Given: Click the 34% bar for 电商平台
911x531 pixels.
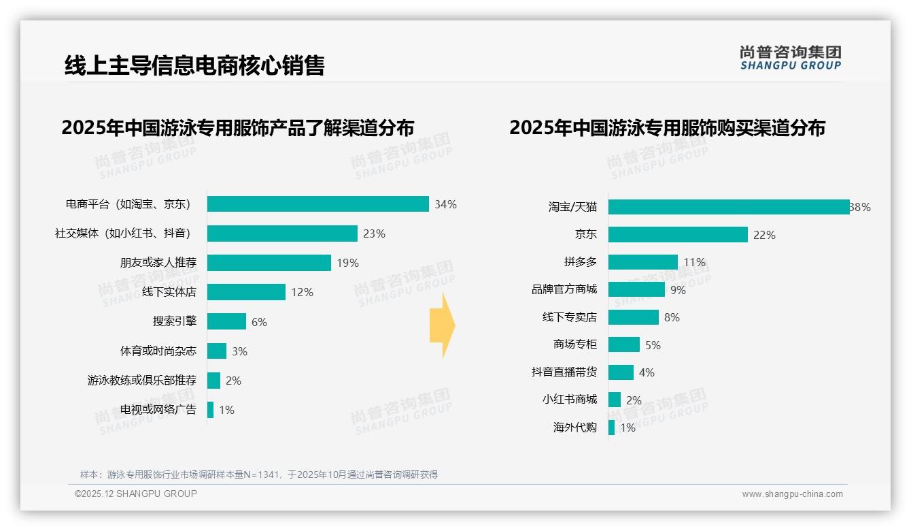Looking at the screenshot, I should click(317, 204).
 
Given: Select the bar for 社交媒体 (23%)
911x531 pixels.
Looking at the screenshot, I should click(282, 234).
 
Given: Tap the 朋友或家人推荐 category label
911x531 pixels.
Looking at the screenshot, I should click(158, 263).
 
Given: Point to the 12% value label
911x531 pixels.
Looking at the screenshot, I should click(302, 293).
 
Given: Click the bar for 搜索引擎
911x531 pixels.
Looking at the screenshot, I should click(226, 321).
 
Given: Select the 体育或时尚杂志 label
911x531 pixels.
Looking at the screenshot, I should click(158, 351).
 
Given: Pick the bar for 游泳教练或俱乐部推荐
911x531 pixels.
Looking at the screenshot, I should click(213, 381).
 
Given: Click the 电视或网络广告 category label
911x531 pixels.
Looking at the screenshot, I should click(158, 410).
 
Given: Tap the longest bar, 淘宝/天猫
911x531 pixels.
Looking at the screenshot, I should click(728, 207).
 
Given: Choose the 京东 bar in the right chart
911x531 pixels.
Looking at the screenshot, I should click(678, 234).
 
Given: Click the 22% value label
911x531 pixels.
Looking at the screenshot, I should click(764, 235).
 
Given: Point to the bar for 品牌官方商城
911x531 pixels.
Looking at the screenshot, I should click(636, 289).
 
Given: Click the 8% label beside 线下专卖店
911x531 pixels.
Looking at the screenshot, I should click(672, 317).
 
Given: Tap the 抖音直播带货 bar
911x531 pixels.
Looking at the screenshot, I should click(621, 372).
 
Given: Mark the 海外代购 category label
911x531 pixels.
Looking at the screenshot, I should click(574, 428).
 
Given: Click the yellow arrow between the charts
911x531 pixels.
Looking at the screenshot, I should click(442, 325).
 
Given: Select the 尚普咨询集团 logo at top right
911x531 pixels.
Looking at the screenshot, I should click(790, 57).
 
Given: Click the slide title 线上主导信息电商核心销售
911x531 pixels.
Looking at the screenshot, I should click(194, 65).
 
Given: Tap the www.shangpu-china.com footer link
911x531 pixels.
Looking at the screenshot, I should click(792, 494).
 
